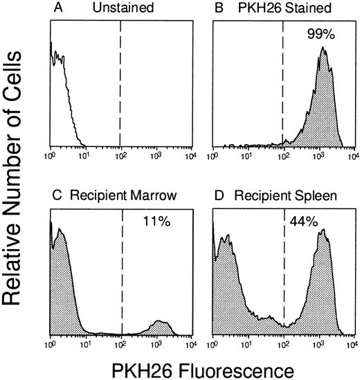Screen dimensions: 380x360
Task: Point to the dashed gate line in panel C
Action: [122, 277]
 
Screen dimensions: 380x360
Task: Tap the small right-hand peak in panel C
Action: [161, 322]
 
